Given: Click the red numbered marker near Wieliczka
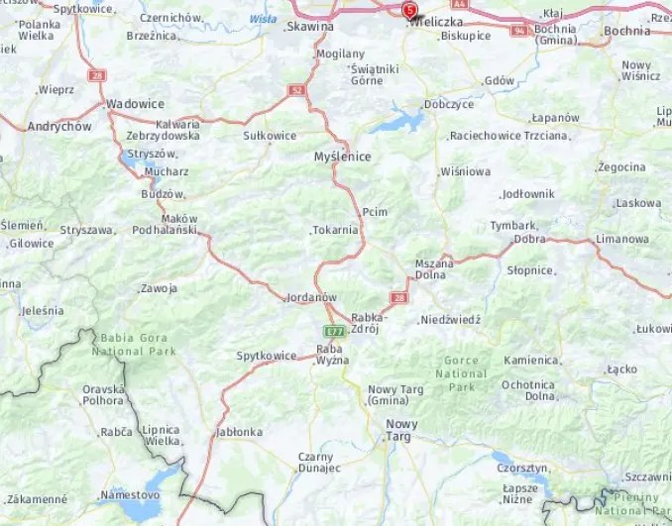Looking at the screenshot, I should (410, 11).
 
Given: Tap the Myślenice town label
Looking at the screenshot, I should (341, 157).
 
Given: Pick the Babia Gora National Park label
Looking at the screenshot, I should (134, 344).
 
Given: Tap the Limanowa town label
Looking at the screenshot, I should (622, 240).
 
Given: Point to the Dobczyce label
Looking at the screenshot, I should (448, 103).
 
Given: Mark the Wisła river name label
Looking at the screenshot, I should (263, 18).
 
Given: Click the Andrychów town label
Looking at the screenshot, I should (59, 127).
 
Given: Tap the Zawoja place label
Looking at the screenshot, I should (159, 289).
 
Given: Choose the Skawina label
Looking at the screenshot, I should (309, 28).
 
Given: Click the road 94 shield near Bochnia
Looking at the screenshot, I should (519, 31).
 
